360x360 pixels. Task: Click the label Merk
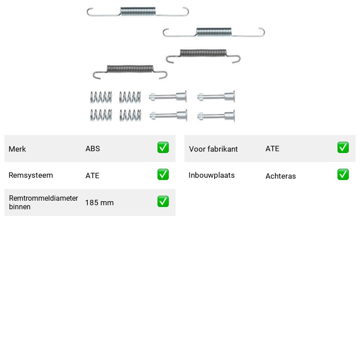(17, 149)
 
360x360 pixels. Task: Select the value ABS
(93, 148)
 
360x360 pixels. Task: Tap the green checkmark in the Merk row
(163, 148)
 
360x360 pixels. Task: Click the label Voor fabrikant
(213, 149)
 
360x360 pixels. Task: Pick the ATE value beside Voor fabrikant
(272, 148)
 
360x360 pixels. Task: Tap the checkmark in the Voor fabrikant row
(343, 148)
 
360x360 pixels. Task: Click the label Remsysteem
(31, 175)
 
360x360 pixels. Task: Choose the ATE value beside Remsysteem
(92, 175)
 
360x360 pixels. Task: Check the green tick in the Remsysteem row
(163, 175)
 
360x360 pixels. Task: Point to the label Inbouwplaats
(211, 175)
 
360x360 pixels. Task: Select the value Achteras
(280, 176)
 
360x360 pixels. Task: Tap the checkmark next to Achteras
(343, 175)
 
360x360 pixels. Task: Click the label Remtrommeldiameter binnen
(43, 202)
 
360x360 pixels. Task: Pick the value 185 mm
(99, 202)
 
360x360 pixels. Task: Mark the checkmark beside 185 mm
(163, 201)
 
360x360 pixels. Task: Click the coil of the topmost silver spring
(138, 12)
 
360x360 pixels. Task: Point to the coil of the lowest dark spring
(130, 69)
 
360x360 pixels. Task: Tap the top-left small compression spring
(101, 97)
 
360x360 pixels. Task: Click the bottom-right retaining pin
(216, 116)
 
